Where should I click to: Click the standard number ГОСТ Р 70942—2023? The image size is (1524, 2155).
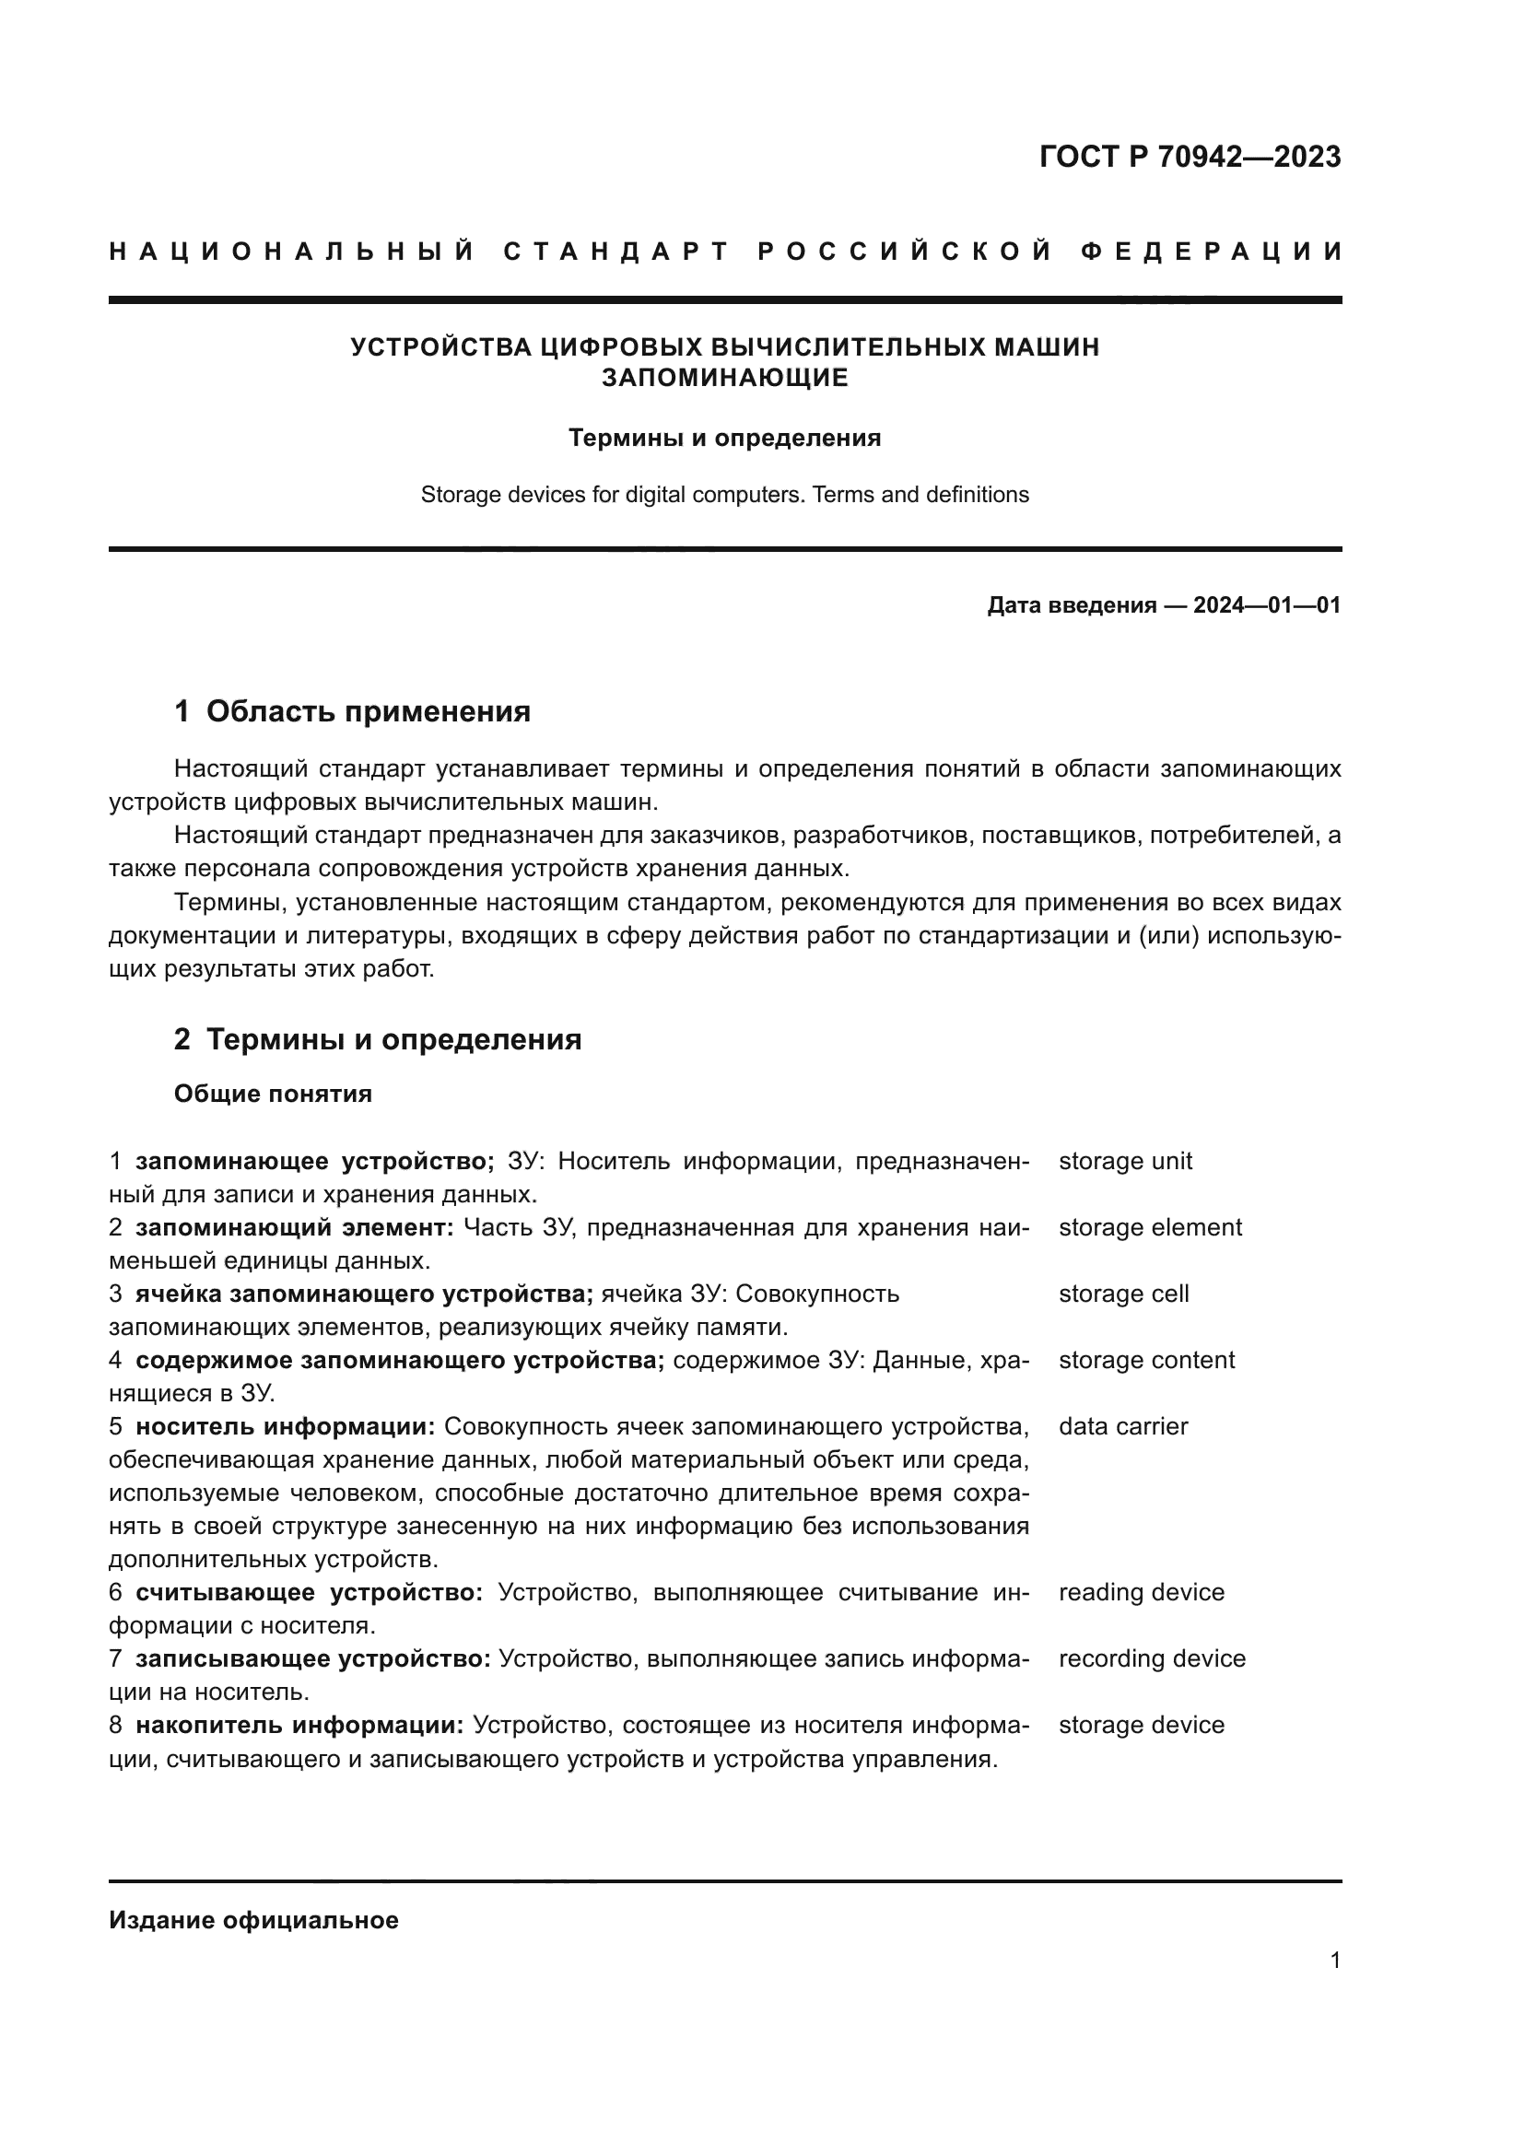click(1190, 157)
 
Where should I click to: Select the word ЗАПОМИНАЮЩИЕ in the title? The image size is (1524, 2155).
click(724, 378)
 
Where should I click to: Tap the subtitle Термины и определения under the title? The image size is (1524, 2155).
click(724, 439)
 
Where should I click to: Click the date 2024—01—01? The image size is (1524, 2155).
click(1267, 605)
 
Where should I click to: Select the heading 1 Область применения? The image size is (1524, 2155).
click(353, 711)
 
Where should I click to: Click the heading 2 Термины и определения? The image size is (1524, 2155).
click(377, 1039)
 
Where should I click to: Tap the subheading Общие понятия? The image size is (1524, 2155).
click(273, 1095)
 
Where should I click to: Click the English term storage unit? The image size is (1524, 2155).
click(1125, 1161)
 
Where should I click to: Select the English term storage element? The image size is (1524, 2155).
click(1150, 1227)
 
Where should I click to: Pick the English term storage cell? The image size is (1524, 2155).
click(1123, 1294)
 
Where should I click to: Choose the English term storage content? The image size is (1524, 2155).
click(1146, 1360)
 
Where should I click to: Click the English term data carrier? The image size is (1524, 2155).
click(1122, 1426)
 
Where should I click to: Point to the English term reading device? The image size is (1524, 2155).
click(1141, 1593)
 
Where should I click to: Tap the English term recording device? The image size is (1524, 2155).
click(1152, 1658)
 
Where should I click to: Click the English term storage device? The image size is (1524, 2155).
click(1141, 1725)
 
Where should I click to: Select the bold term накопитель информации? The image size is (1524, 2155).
click(299, 1725)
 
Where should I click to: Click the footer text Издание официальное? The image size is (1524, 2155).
click(253, 1920)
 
